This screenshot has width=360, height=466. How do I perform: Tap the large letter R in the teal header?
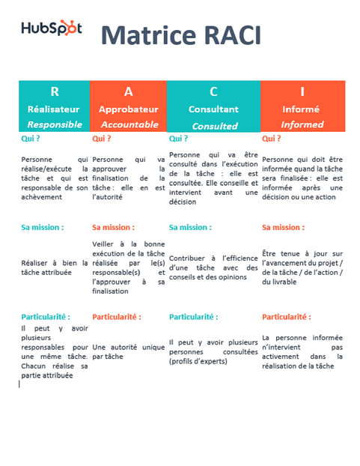coord(54,91)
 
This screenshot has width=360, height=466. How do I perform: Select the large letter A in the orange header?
coord(129,91)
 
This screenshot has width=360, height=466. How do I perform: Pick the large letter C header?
coord(213,91)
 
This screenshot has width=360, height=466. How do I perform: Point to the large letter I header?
coord(302,91)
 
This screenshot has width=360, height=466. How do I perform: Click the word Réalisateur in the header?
coord(54,109)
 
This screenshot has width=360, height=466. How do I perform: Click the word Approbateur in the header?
coord(129,109)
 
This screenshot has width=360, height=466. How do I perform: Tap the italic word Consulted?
coord(214,126)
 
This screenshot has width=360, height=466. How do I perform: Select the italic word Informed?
coord(302,124)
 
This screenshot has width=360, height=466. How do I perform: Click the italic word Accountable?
coord(129,124)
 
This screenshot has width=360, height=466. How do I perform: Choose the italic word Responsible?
coord(54,124)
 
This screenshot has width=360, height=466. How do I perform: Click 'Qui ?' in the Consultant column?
coord(178,139)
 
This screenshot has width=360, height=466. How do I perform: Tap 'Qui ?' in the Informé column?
coord(271,139)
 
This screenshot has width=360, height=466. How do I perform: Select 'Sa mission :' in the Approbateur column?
coord(113,226)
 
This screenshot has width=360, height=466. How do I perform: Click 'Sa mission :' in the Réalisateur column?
coord(42,226)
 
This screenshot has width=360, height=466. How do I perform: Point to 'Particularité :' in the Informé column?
coord(287,317)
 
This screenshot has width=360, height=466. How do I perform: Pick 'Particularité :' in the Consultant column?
coord(193,317)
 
